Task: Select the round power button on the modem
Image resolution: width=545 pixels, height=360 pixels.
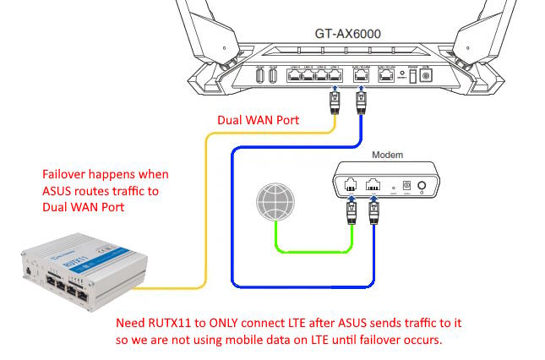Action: point(439,185)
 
